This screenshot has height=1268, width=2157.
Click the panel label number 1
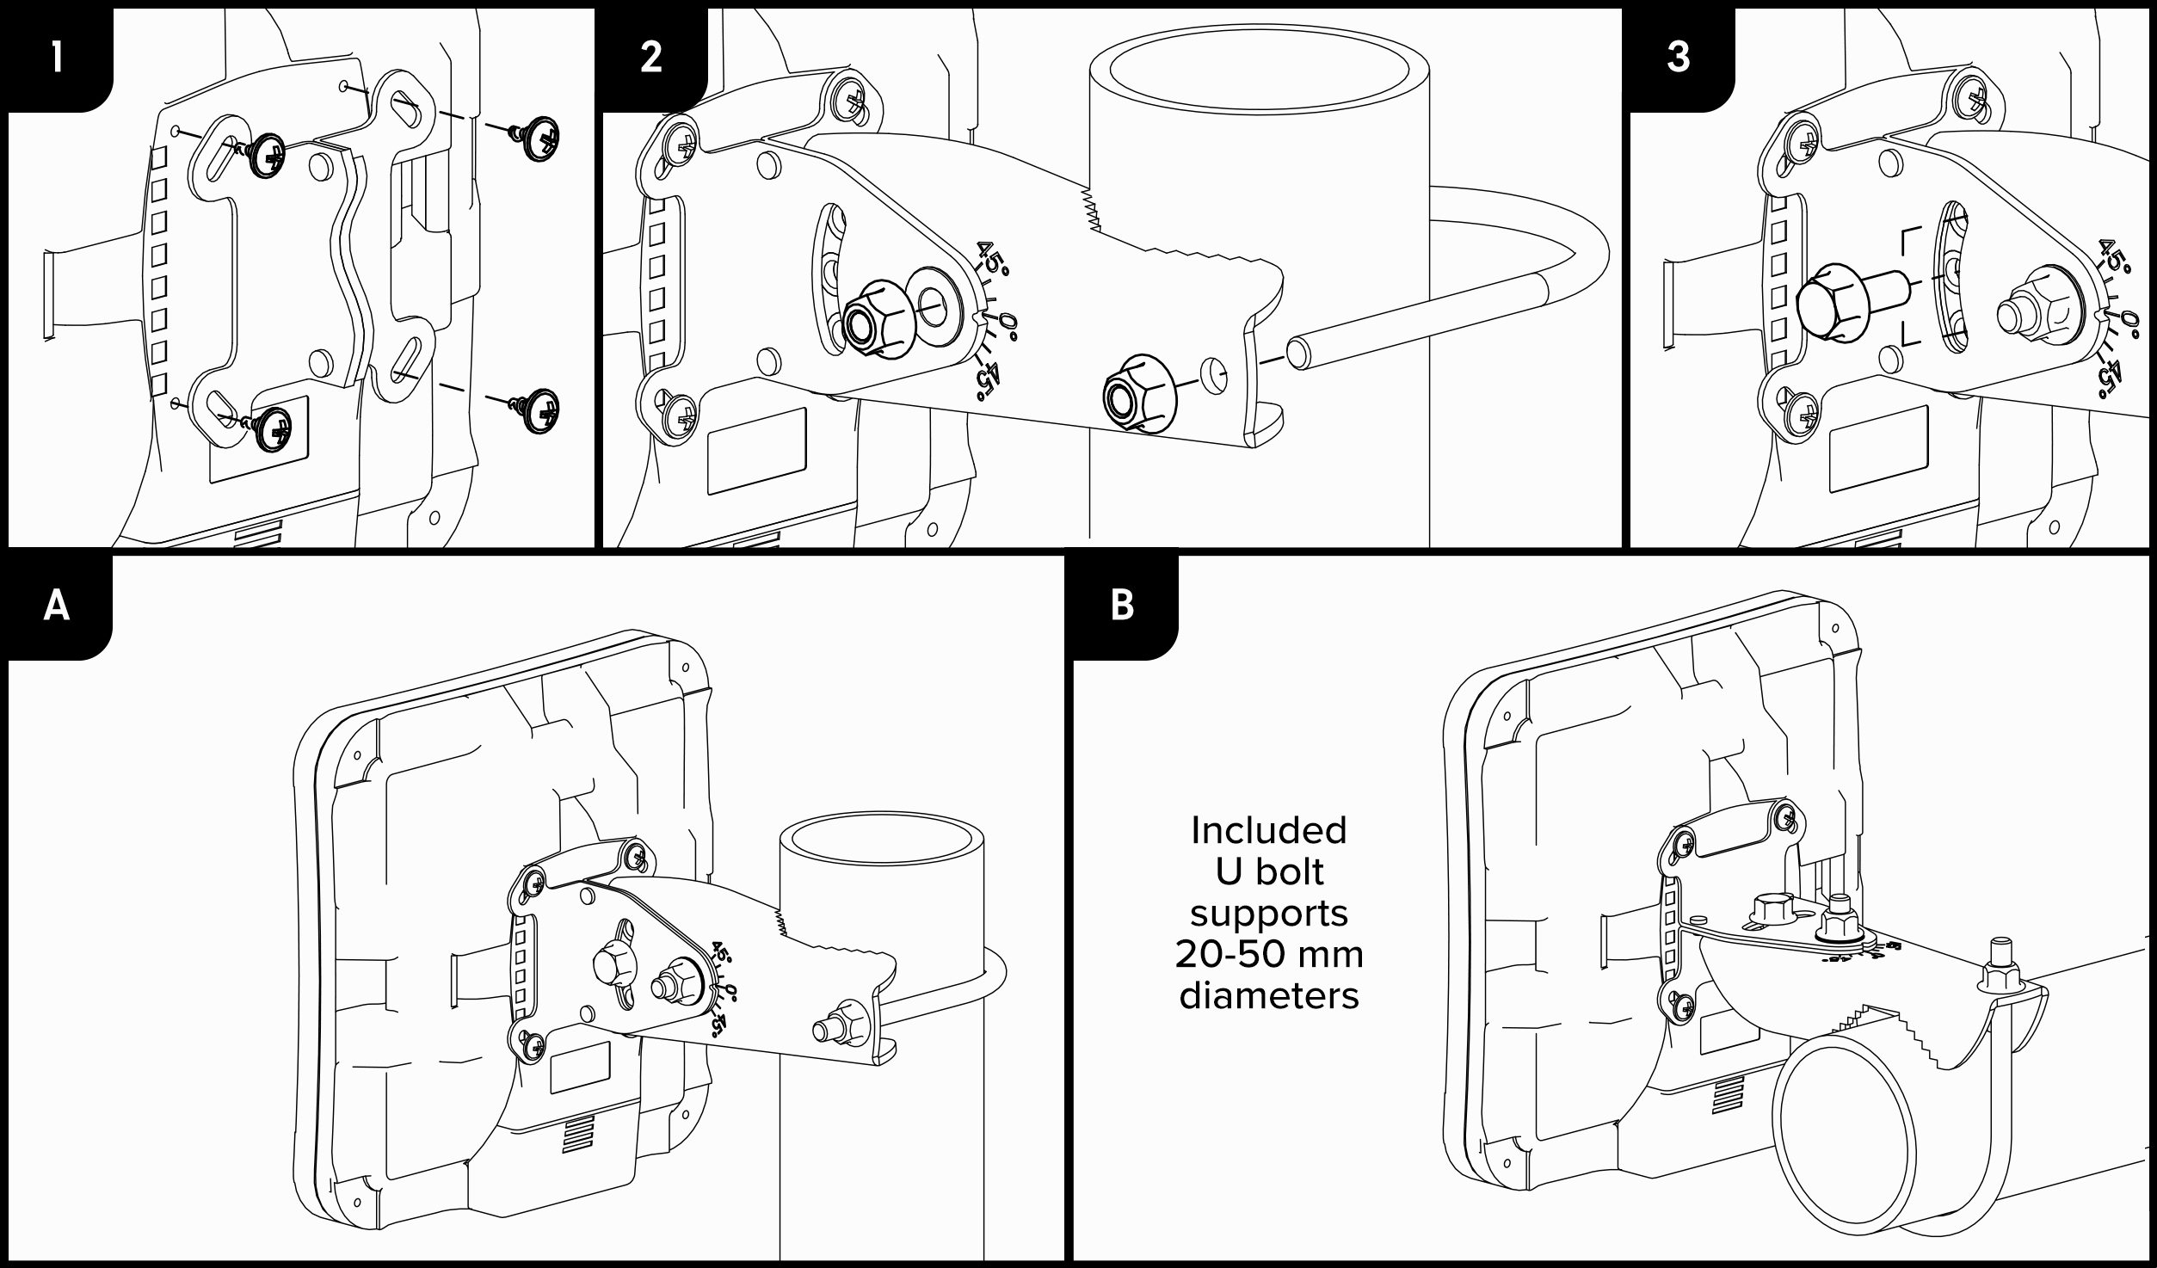pyautogui.click(x=57, y=58)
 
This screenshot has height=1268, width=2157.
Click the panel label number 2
pyautogui.click(x=651, y=58)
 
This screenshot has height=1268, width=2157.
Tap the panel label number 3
pyautogui.click(x=1678, y=58)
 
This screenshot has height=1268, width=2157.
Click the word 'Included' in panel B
pyautogui.click(x=1268, y=831)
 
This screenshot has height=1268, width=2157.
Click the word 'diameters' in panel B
pyautogui.click(x=1268, y=996)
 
